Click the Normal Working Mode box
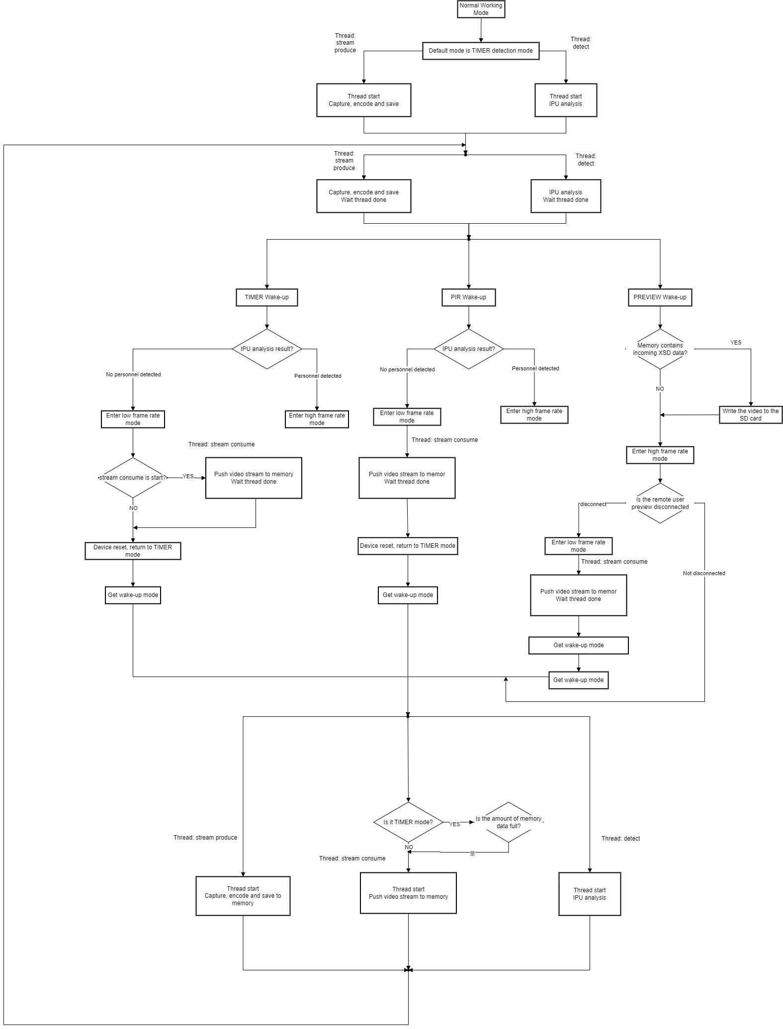(481, 9)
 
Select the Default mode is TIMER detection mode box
(481, 51)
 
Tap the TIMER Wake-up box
(266, 297)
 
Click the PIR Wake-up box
(469, 297)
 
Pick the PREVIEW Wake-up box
(660, 297)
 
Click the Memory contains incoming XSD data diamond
(660, 349)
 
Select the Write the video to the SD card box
(750, 415)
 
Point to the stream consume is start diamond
(133, 478)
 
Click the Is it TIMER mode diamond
(408, 822)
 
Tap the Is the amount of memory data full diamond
(508, 822)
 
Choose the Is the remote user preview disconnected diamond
(660, 503)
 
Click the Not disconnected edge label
(703, 573)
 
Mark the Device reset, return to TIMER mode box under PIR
(408, 546)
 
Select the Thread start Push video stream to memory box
(408, 893)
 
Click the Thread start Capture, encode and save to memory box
(243, 896)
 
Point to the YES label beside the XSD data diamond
(735, 343)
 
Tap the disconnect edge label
(593, 504)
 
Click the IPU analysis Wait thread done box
(566, 196)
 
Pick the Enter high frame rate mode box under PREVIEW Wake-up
(660, 455)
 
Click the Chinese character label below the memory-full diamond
(472, 854)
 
